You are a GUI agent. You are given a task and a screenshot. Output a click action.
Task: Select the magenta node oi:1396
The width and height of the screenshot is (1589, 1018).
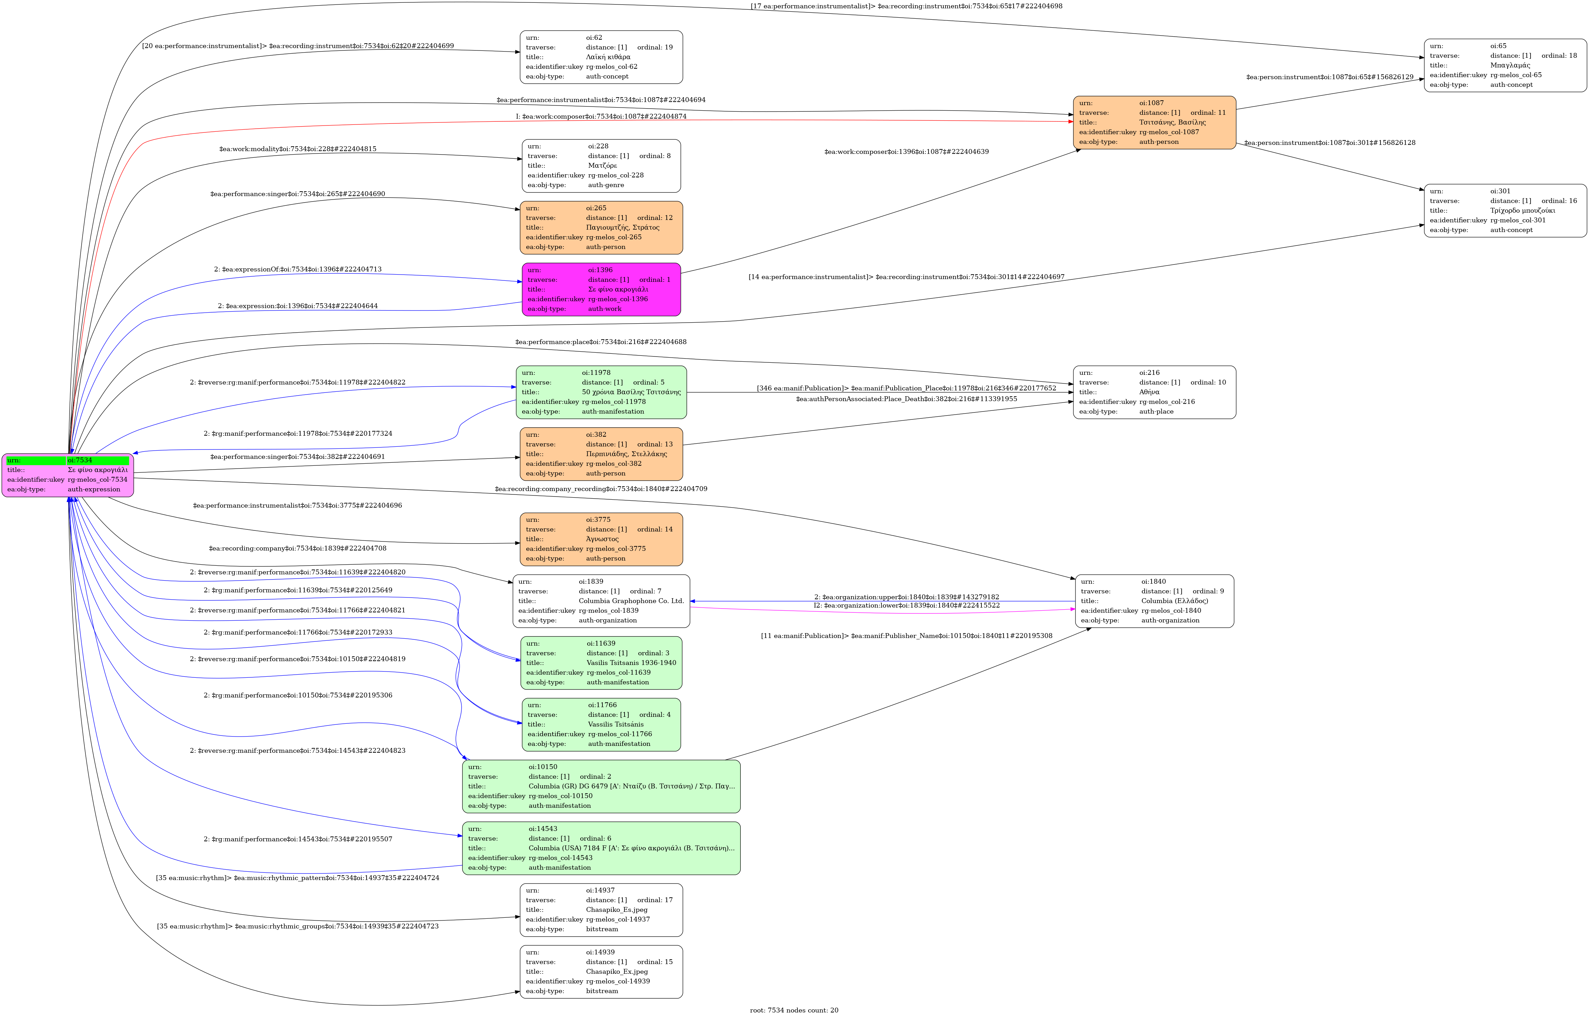click(601, 289)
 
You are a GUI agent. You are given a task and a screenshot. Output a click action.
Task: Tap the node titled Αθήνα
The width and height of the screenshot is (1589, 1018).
click(1154, 392)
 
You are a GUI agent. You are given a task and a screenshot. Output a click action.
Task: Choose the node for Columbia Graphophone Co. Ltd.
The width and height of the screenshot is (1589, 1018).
click(601, 601)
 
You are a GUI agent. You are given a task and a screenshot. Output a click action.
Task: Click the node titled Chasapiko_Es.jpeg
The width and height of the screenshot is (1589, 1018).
click(601, 909)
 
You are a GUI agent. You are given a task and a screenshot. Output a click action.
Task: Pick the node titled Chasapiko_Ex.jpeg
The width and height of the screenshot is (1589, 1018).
click(601, 972)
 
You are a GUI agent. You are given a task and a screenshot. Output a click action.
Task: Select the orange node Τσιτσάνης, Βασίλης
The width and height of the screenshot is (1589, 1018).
click(1154, 122)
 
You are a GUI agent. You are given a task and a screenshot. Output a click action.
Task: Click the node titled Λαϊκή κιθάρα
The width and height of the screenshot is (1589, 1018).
click(601, 57)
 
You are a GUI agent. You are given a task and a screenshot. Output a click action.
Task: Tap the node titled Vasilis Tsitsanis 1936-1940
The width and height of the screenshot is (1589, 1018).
click(601, 663)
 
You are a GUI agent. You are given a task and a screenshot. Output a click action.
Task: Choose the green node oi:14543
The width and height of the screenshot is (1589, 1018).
click(601, 848)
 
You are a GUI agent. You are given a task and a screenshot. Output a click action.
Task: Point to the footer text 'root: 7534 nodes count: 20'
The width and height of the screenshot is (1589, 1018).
click(794, 1010)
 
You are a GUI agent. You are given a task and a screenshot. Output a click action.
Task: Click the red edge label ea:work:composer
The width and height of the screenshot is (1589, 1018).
click(601, 116)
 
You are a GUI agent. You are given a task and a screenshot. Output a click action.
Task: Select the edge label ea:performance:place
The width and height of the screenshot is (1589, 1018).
click(601, 342)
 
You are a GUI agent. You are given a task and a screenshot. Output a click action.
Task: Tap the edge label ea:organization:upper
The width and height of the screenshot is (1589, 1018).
click(906, 597)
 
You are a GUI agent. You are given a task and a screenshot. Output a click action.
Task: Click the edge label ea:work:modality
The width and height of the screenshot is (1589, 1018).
click(297, 149)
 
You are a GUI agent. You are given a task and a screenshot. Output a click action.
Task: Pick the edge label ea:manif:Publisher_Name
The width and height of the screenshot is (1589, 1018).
click(906, 636)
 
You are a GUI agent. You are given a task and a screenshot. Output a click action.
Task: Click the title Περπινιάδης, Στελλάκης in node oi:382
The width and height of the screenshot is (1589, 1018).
click(626, 454)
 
